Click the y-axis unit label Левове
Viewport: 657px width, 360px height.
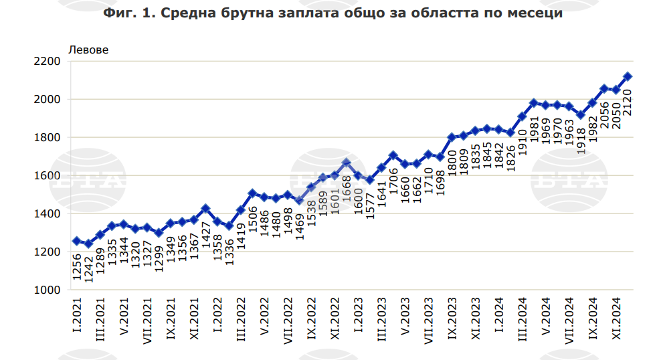(x=88, y=49)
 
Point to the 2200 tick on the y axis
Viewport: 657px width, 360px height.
(x=48, y=62)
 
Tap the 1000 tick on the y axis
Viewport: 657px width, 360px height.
(x=48, y=290)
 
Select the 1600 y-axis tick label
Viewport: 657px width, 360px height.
(x=48, y=176)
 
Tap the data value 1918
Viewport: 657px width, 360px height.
(x=581, y=141)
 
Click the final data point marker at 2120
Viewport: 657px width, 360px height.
(x=628, y=76)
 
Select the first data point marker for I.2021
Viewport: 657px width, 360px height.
(x=76, y=241)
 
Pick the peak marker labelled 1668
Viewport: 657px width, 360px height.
(x=346, y=163)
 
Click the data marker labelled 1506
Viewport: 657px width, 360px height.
(x=252, y=193)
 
